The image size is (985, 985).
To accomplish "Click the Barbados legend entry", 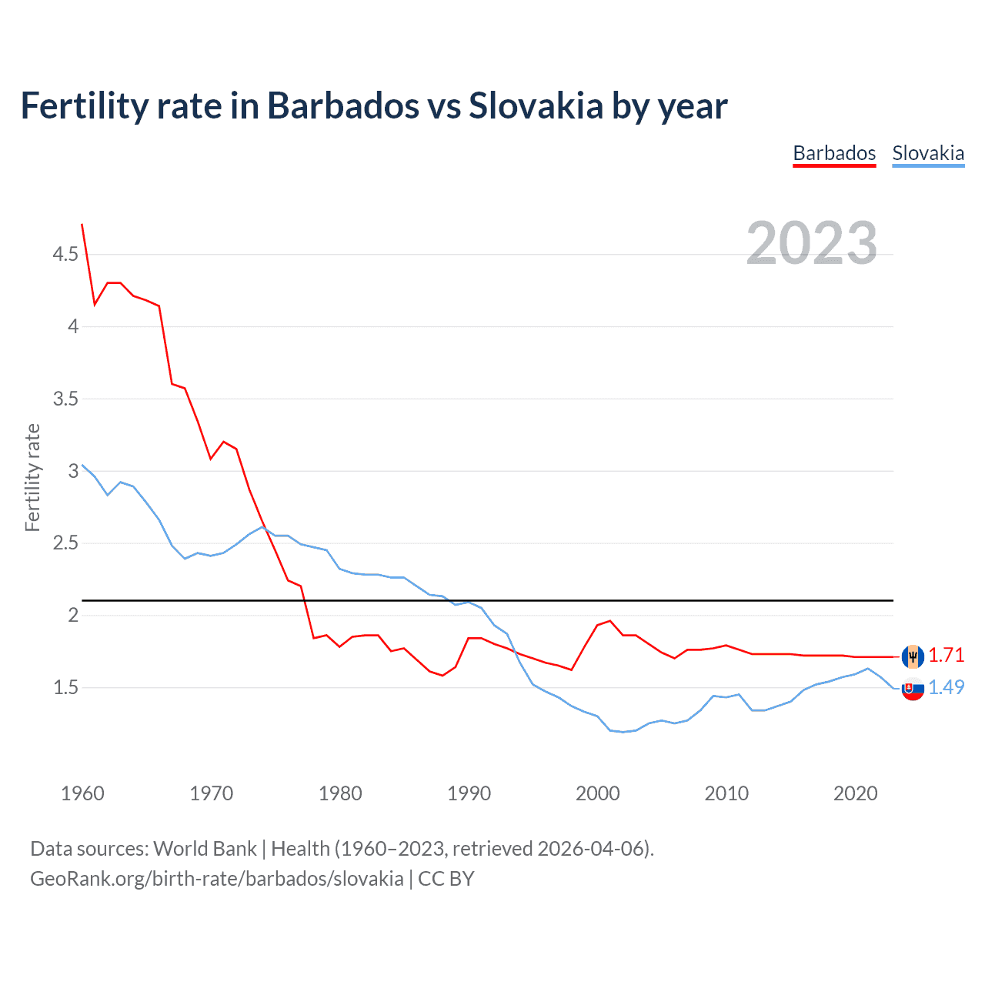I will (x=834, y=153).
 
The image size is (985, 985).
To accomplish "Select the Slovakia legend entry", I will (x=928, y=153).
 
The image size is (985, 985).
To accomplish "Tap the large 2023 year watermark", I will (x=812, y=243).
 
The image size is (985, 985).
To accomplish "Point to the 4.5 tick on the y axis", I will (x=65, y=255).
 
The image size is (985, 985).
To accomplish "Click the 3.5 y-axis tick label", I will (x=65, y=399).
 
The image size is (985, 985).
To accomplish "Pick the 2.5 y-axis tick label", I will (x=65, y=543).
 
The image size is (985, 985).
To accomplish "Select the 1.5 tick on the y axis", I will (x=65, y=687).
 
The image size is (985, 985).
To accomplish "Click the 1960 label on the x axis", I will (x=82, y=793).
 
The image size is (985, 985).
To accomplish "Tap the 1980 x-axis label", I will (x=340, y=793).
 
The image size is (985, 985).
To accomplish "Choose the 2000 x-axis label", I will (x=598, y=793).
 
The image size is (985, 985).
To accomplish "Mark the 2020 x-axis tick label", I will (x=855, y=793).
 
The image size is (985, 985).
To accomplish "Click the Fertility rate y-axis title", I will (x=32, y=477).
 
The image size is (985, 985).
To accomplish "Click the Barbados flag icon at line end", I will (x=913, y=656).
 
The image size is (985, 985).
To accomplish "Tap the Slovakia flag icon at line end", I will (x=913, y=689).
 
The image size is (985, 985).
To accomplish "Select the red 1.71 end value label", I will (x=946, y=655).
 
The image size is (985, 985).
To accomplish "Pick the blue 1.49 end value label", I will (x=946, y=687).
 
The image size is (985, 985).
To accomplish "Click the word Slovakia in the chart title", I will (x=536, y=106).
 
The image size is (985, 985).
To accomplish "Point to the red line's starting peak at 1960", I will (x=82, y=225).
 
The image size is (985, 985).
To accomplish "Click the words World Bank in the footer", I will (x=205, y=849).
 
